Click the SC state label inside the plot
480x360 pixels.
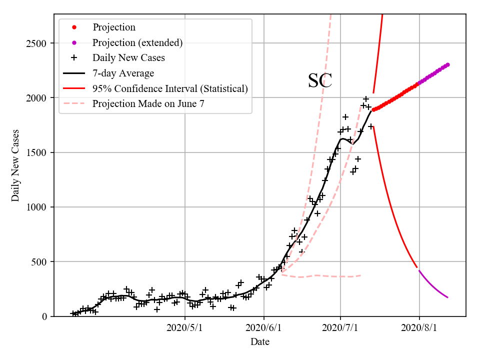(x=320, y=80)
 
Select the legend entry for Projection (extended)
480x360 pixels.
(x=137, y=42)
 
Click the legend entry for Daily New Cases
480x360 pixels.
(x=128, y=58)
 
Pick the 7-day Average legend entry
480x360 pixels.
(x=123, y=73)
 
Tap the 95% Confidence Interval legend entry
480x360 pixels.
(x=170, y=89)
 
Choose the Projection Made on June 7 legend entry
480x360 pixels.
(x=148, y=104)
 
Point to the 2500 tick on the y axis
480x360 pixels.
(x=36, y=43)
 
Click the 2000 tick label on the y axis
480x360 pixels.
(x=36, y=97)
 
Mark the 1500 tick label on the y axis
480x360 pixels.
(x=36, y=152)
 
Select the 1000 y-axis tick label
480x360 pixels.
(x=36, y=207)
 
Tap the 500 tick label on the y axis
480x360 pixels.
(x=39, y=261)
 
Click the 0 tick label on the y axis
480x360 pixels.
(x=44, y=316)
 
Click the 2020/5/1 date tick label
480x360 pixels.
(x=185, y=328)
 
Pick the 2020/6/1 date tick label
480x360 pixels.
(x=264, y=328)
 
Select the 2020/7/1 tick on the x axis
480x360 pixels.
(x=340, y=328)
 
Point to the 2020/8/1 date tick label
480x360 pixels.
(x=419, y=328)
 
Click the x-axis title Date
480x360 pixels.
(x=260, y=342)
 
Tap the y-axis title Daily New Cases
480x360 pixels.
(x=15, y=165)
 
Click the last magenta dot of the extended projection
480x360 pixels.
(x=447, y=64)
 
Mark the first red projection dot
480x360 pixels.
(x=373, y=109)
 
